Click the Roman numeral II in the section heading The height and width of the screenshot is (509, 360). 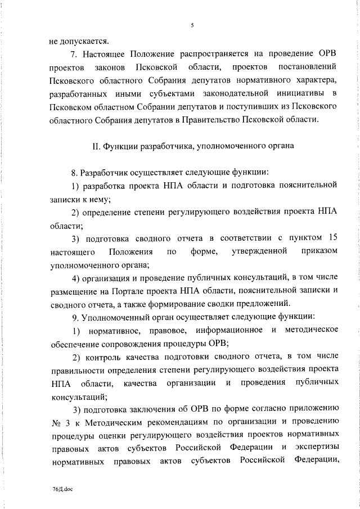coord(95,147)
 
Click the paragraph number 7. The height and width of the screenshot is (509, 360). coord(73,54)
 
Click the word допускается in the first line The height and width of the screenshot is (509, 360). coord(83,40)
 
